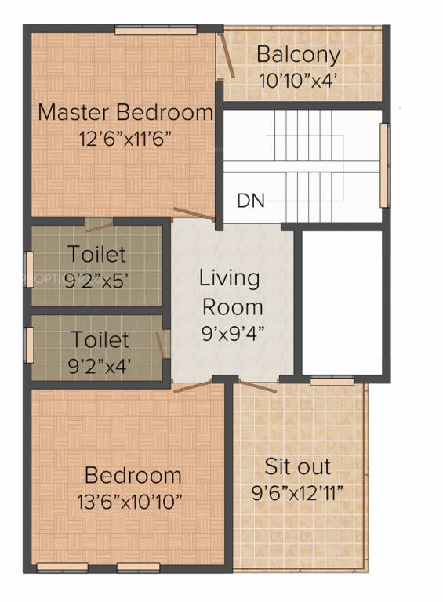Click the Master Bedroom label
125,112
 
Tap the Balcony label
299,55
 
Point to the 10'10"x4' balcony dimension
299,79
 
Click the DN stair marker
250,201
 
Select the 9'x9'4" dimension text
232,332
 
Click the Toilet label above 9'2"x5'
96,255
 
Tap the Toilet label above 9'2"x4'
100,340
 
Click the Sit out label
297,468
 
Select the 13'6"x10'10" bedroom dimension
133,500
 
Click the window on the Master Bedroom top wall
155,30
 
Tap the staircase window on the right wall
384,165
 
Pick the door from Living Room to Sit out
259,386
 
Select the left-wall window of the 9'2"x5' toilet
29,263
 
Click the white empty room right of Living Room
342,301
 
